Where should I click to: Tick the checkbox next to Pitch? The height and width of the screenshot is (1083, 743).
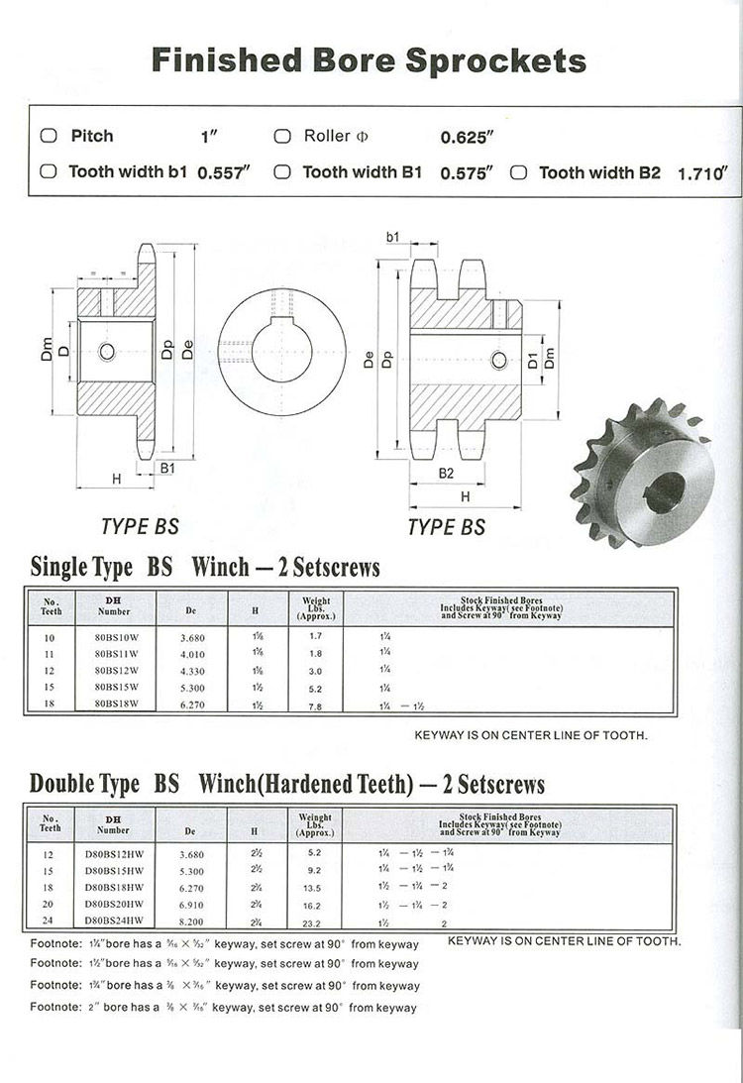pyautogui.click(x=48, y=136)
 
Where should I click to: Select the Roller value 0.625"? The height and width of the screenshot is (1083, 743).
pyautogui.click(x=468, y=137)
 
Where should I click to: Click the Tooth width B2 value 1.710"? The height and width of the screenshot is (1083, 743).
pyautogui.click(x=702, y=173)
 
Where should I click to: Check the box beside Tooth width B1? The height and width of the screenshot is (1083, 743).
pyautogui.click(x=282, y=172)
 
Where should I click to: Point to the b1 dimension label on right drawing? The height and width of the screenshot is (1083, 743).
pyautogui.click(x=392, y=238)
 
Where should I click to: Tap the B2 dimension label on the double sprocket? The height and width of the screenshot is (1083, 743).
pyautogui.click(x=447, y=474)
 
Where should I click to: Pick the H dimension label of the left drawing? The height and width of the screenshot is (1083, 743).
pyautogui.click(x=116, y=479)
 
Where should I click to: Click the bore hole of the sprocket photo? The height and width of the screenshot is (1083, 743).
pyautogui.click(x=666, y=491)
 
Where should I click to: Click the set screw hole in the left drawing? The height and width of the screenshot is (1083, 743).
pyautogui.click(x=106, y=351)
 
